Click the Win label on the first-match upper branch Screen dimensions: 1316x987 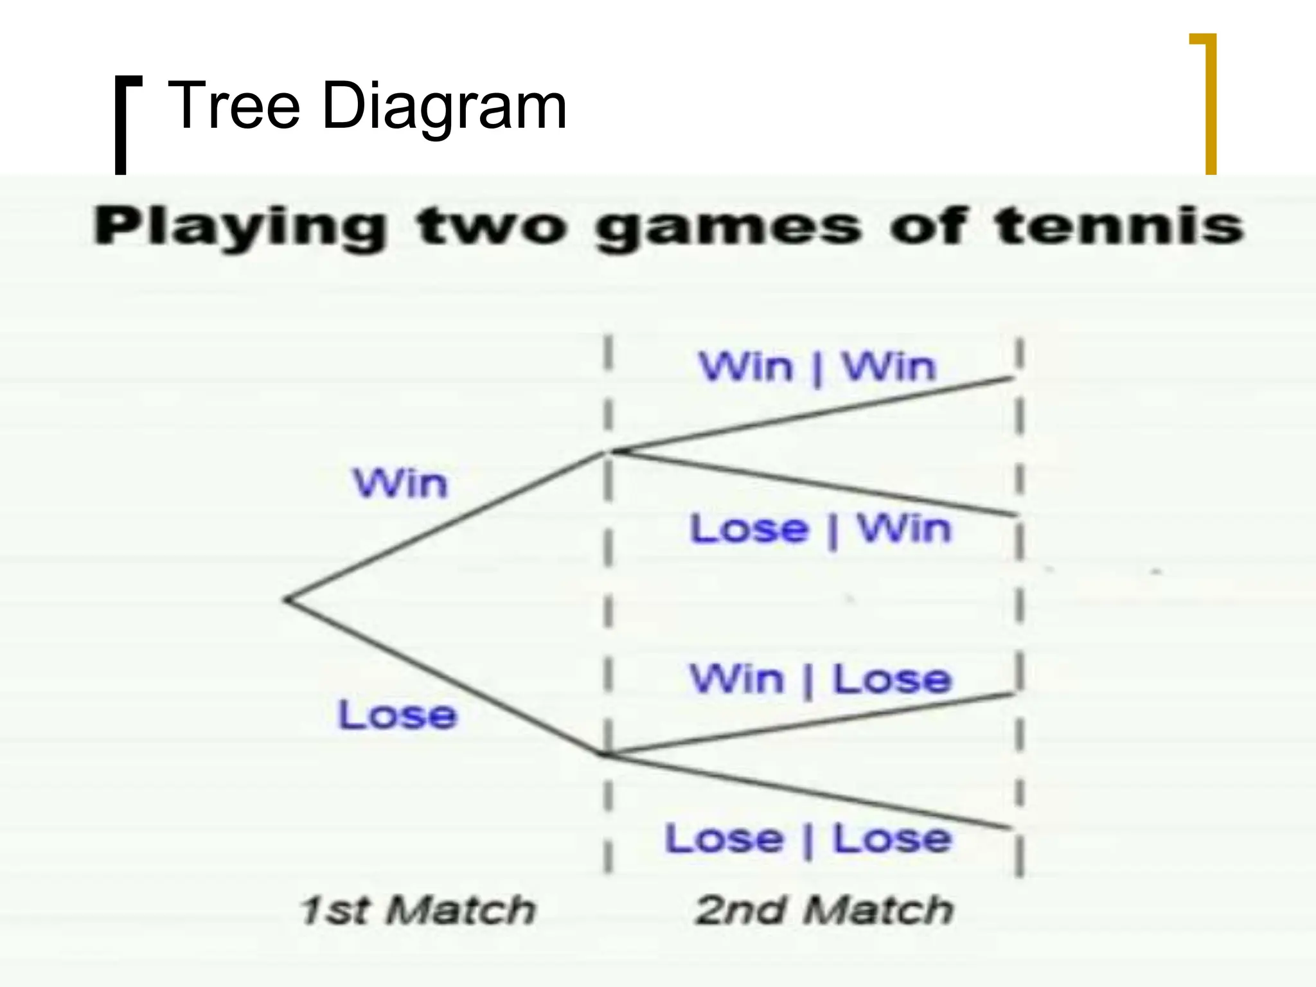pos(400,483)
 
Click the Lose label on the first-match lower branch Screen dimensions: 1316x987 pos(397,715)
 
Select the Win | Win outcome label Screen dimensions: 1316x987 pos(817,368)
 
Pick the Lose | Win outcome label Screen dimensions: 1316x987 pos(820,529)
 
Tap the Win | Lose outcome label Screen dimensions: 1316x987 pos(820,680)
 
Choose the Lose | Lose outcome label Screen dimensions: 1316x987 pos(808,839)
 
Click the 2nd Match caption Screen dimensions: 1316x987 pos(824,911)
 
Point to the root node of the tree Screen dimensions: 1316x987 pos(289,600)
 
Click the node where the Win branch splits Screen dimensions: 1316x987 pos(609,452)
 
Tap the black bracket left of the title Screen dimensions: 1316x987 pos(122,125)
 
